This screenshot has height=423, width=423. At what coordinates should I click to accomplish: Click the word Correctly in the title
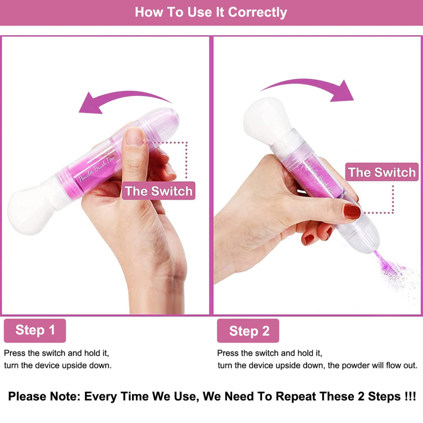point(257,12)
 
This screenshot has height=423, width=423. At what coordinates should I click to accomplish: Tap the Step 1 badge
point(35,330)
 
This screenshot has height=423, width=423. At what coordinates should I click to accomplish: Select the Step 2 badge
point(248,331)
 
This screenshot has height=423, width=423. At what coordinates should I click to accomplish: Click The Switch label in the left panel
point(159,191)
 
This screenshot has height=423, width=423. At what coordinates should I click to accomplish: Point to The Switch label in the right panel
point(382,172)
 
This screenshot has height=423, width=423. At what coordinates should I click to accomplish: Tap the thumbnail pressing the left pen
point(134,136)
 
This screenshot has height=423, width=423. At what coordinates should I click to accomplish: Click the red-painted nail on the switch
point(352,211)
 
